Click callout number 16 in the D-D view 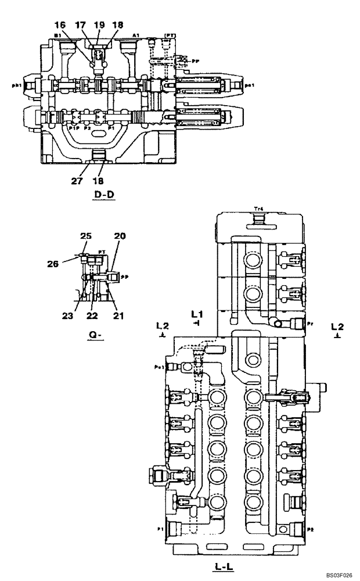[60, 26]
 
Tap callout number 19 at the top [99, 26]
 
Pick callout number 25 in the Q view [87, 236]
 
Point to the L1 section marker [196, 314]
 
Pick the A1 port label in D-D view [135, 35]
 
